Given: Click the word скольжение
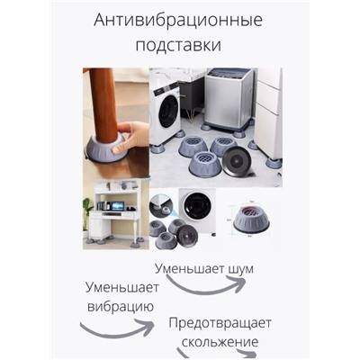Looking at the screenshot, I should pyautogui.click(x=220, y=342).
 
